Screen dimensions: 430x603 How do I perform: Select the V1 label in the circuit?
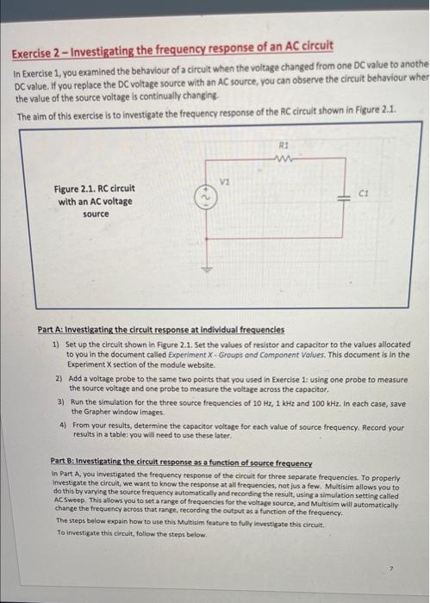226,181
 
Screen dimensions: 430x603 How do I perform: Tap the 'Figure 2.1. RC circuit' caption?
95,188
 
